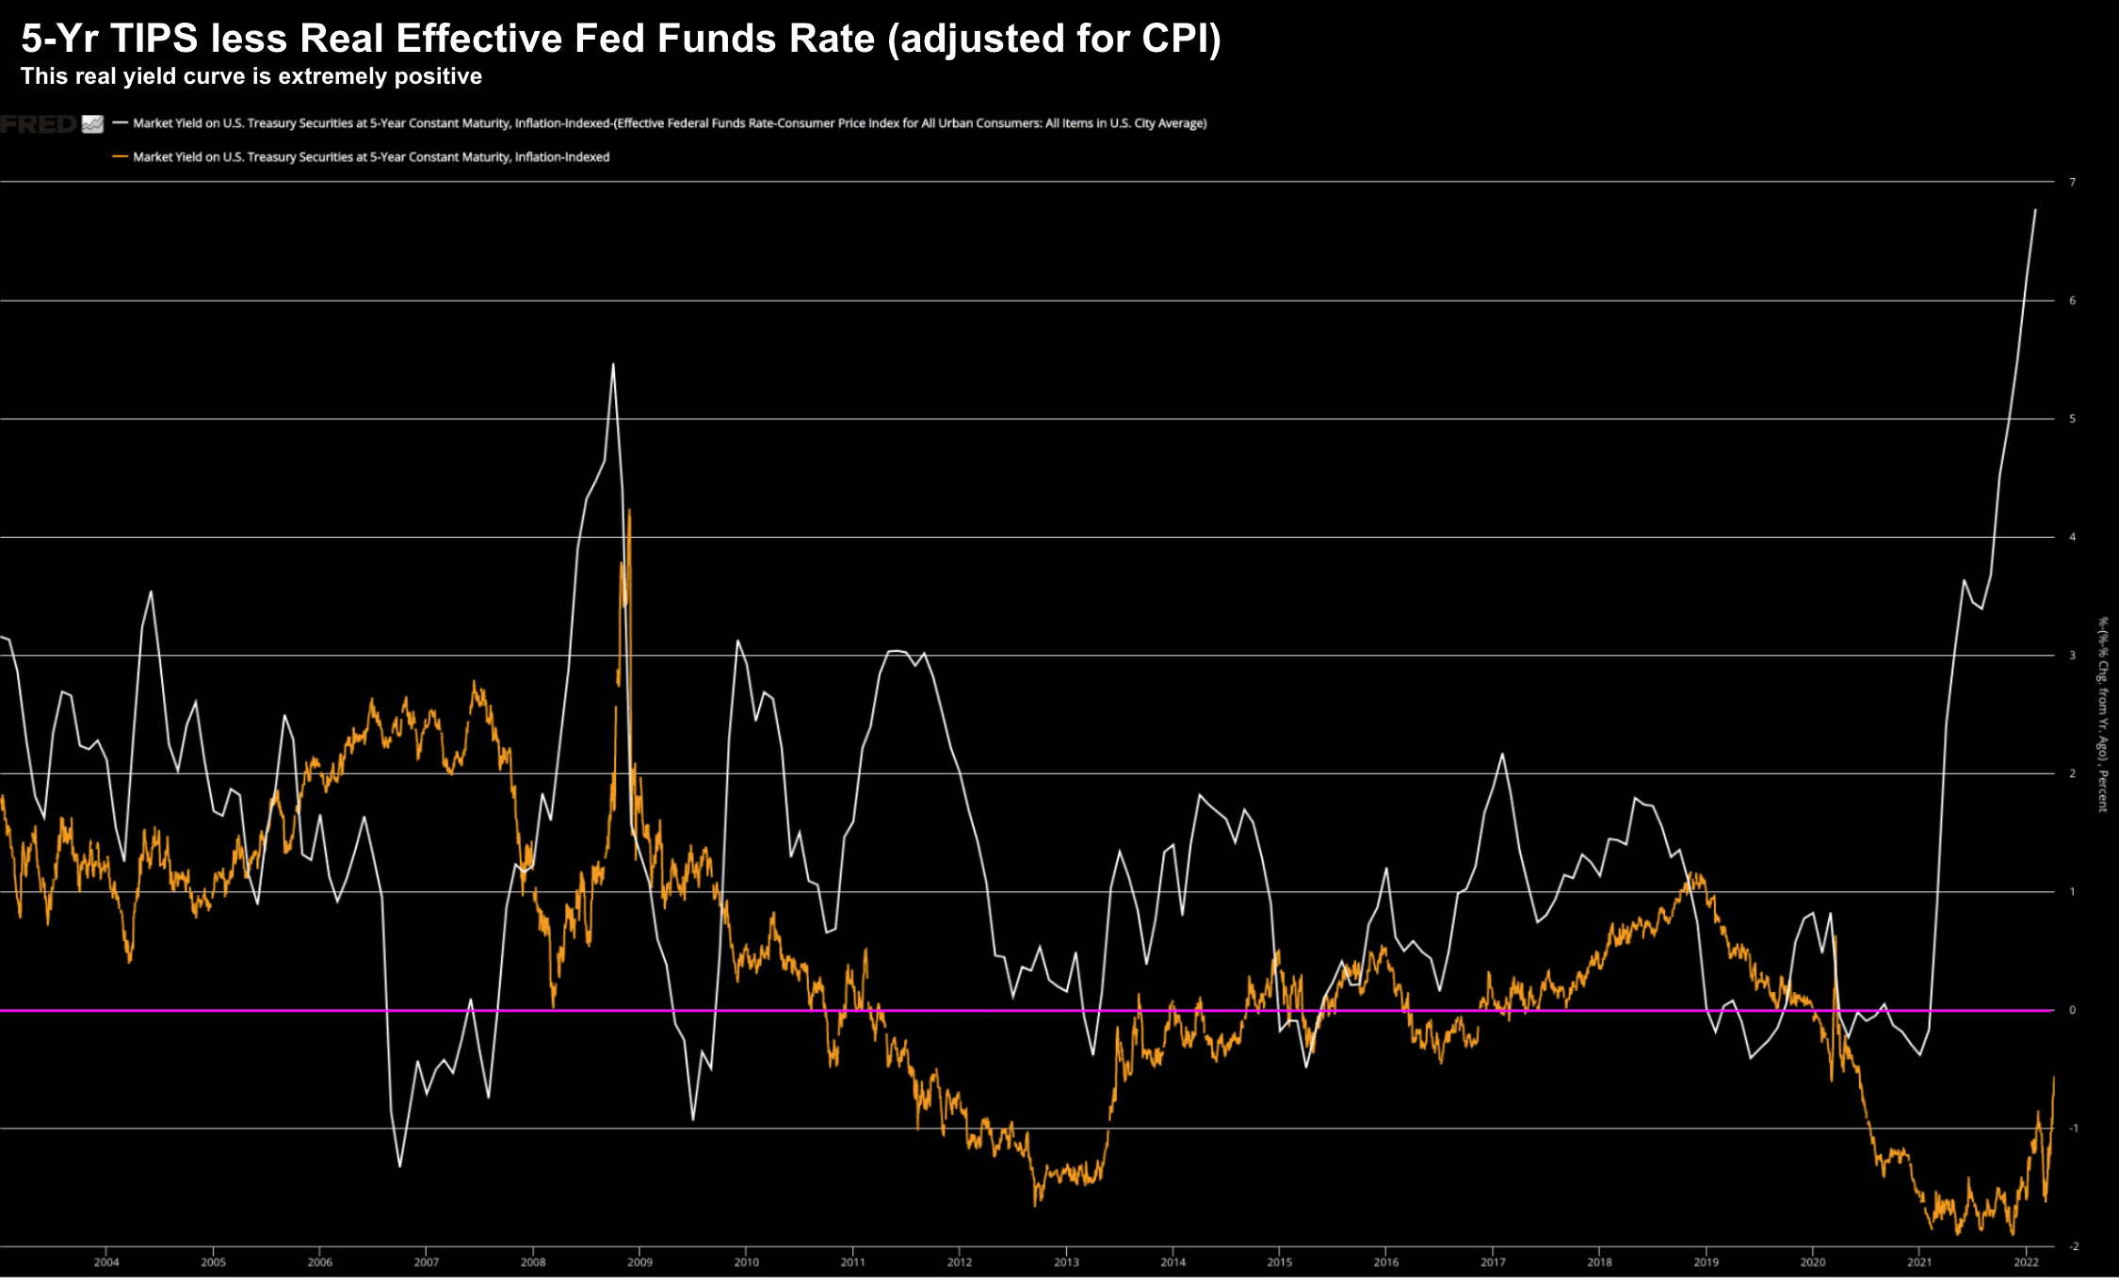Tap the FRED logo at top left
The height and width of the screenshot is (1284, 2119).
tap(40, 124)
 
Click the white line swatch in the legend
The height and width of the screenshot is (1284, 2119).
tap(120, 122)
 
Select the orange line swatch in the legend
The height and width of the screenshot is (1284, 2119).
tap(120, 156)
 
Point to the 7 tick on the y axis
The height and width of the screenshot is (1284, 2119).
tap(2072, 182)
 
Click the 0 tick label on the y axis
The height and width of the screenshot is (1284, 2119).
tap(2072, 1010)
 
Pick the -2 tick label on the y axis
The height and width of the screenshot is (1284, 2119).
tap(2072, 1246)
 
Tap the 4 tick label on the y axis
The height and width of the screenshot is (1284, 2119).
tap(2072, 537)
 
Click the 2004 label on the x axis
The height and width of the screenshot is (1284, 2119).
tap(106, 1262)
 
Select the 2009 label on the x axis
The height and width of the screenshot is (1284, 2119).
tap(639, 1262)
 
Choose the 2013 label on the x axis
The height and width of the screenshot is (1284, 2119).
tap(1066, 1262)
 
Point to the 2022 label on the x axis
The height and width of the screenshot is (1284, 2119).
tap(2026, 1262)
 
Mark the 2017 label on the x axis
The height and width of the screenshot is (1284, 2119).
tap(1493, 1262)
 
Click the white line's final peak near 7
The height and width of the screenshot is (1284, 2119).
tap(2035, 210)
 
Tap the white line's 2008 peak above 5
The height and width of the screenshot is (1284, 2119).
tap(613, 365)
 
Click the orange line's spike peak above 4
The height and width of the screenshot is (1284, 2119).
tap(629, 510)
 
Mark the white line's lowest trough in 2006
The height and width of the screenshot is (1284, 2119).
tap(399, 1167)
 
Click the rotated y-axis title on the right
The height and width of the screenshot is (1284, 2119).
tap(2102, 713)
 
